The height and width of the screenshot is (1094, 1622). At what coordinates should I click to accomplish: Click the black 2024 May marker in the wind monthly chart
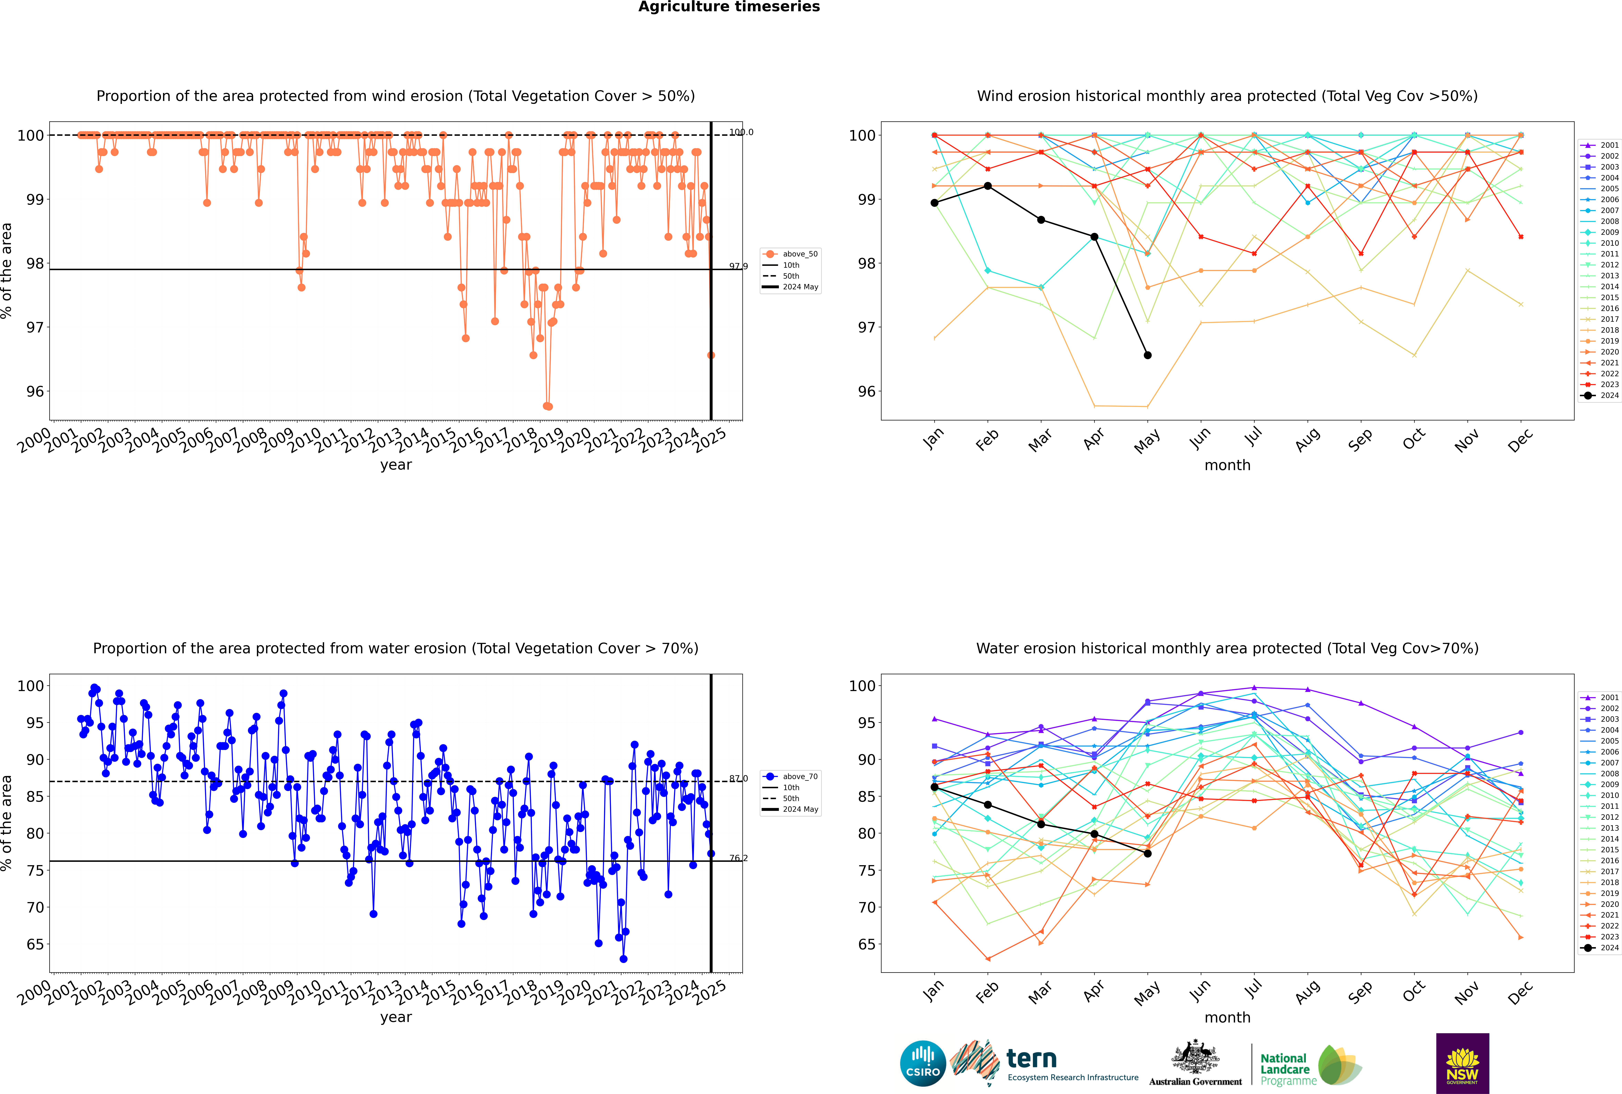[x=1147, y=355]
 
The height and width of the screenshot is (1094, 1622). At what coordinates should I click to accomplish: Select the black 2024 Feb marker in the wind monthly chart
[x=987, y=186]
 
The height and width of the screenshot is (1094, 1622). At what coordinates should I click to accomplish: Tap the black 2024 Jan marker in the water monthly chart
[x=934, y=787]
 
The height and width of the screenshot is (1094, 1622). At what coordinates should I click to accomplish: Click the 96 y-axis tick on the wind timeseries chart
[x=35, y=391]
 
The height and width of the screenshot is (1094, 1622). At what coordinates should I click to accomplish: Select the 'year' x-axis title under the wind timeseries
[x=396, y=465]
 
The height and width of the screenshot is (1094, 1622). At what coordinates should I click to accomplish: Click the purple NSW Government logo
[x=1462, y=1063]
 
